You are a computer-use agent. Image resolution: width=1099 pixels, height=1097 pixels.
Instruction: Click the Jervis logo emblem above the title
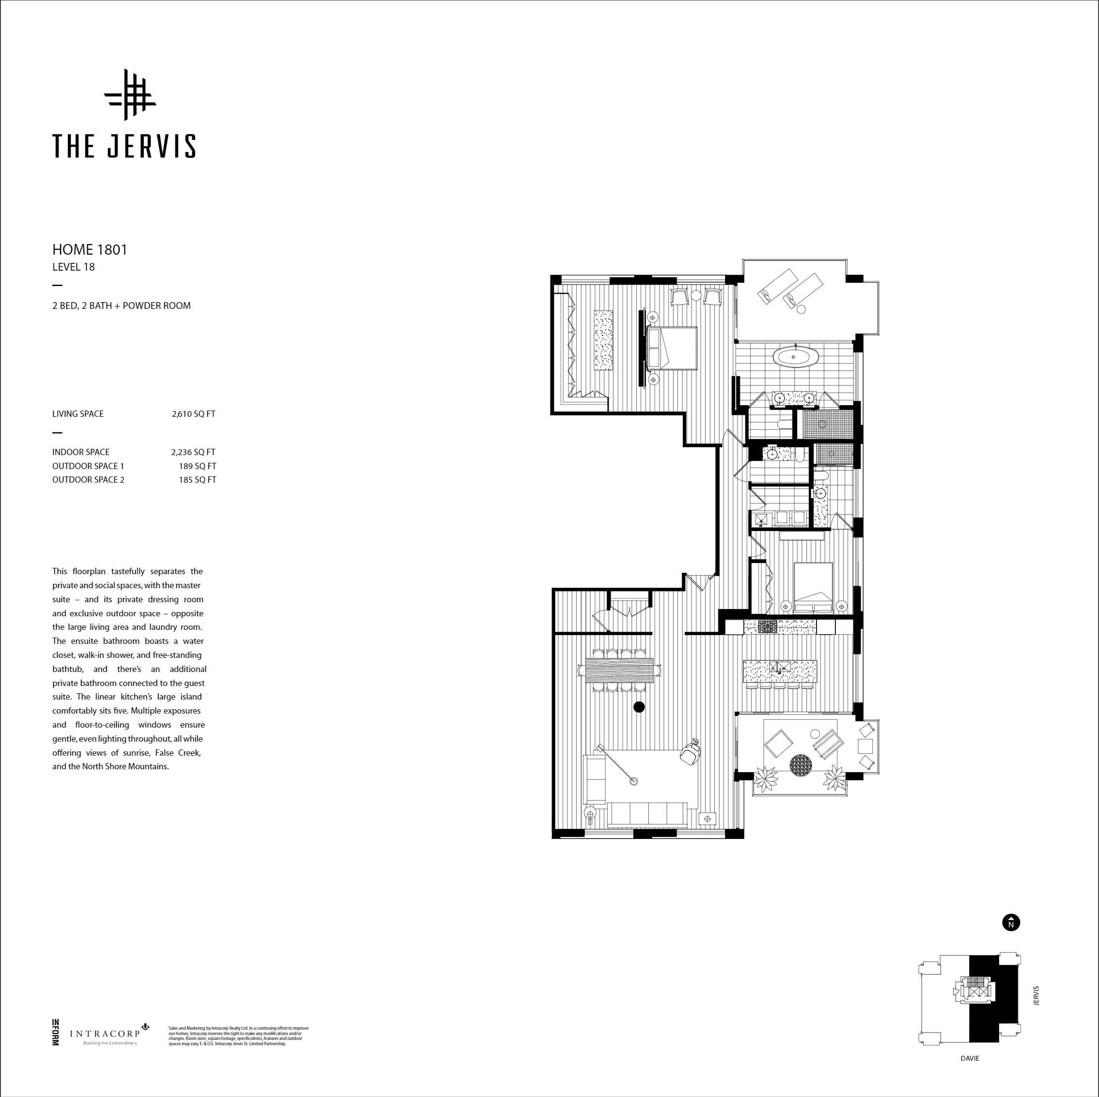130,95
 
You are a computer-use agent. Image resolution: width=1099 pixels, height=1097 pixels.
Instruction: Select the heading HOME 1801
90,249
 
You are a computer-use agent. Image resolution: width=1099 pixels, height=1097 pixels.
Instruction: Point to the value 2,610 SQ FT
193,414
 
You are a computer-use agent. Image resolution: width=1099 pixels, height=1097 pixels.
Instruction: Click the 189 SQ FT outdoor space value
197,466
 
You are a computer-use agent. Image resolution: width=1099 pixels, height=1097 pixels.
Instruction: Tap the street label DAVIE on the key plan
970,1058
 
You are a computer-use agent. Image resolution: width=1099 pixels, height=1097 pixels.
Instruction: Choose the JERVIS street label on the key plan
1036,996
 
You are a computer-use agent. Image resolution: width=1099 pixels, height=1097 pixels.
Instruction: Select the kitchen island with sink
780,671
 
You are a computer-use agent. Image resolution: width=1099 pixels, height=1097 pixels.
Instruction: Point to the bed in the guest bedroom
813,586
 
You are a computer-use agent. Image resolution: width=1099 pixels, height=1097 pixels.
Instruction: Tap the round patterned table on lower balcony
801,764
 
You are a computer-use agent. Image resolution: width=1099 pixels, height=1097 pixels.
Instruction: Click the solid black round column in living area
639,707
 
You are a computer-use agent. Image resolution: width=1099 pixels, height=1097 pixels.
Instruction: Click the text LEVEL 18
73,267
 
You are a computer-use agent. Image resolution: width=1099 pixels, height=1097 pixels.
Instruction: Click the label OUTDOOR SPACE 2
88,480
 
